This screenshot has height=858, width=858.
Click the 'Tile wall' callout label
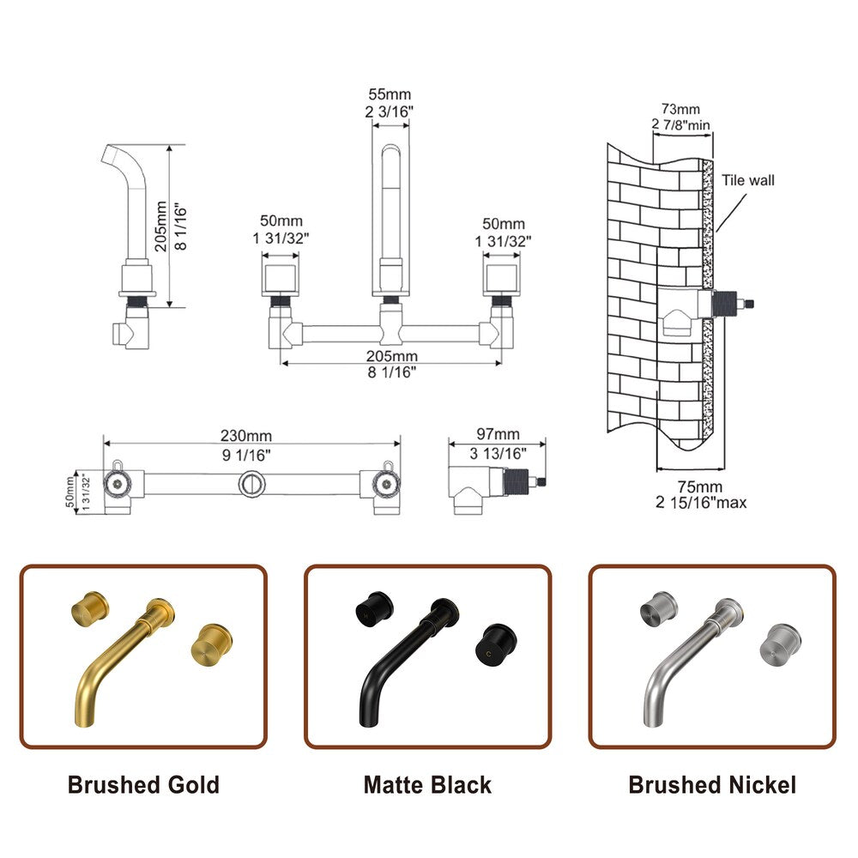click(x=747, y=180)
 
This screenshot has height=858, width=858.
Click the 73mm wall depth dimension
click(x=680, y=110)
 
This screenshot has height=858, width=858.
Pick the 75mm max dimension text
click(x=697, y=486)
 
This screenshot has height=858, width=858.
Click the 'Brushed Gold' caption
click(x=143, y=784)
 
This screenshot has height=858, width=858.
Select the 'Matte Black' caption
click(x=427, y=784)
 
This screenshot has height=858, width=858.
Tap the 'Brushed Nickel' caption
click(x=712, y=784)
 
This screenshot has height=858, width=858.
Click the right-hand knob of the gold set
click(x=206, y=641)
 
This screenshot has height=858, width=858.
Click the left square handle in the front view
click(x=279, y=279)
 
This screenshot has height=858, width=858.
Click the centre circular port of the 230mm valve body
click(x=251, y=483)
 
